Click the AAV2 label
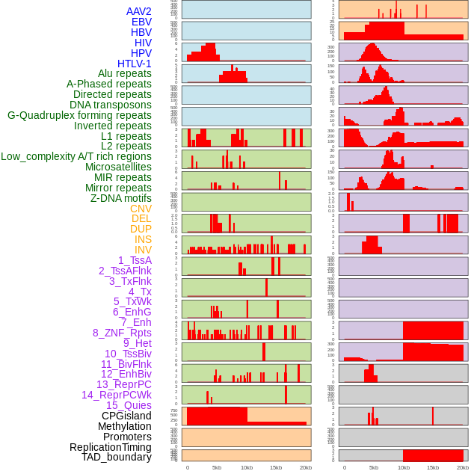coord(139,11)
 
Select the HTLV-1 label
coord(135,64)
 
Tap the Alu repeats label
coord(125,73)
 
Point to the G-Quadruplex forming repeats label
coord(79,115)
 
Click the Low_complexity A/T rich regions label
coord(76,156)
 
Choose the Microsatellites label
coord(118,167)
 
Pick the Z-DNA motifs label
coord(121,198)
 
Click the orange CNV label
coord(141,209)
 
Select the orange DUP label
coord(141,229)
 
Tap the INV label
coord(143,250)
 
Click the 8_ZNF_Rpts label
coord(122,333)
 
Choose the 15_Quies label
coord(129,405)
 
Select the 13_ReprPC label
coord(123,384)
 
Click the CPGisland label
coord(126,416)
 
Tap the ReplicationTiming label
coord(110,447)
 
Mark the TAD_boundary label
coord(117,457)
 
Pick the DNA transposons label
coord(111,105)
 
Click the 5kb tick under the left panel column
coord(217,467)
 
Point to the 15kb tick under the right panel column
coord(433,467)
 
